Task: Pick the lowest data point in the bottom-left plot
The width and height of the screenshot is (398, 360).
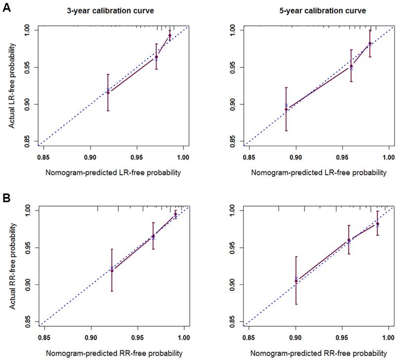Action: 112,270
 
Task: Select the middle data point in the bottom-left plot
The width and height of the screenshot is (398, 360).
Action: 153,236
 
